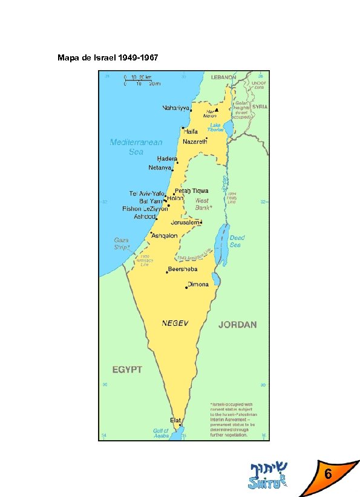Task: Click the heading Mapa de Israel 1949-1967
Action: [x=108, y=58]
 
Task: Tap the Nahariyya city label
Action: [x=175, y=108]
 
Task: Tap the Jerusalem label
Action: [x=185, y=223]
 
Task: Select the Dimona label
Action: [x=198, y=284]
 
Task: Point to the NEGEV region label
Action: [x=175, y=323]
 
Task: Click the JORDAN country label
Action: [x=237, y=325]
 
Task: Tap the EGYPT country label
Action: [x=127, y=369]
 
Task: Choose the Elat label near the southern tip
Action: [x=175, y=420]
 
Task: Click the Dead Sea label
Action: [x=236, y=241]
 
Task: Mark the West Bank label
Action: [x=201, y=204]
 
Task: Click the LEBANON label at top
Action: [x=223, y=77]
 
